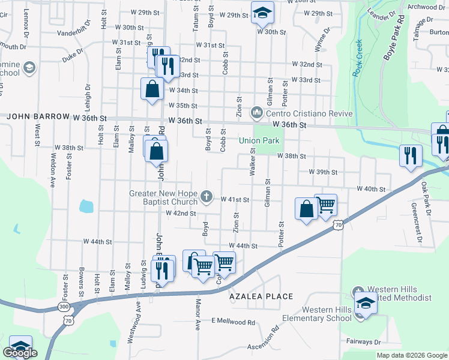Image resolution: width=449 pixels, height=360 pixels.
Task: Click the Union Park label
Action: (260, 141)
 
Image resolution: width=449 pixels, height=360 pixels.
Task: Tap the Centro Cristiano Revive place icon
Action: (257, 112)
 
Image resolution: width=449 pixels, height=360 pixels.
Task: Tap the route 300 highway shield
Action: (64, 307)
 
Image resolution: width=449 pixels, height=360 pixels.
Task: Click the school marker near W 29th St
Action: (262, 13)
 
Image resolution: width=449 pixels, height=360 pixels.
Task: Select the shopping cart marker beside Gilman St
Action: (325, 205)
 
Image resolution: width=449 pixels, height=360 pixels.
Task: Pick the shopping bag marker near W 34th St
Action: (152, 89)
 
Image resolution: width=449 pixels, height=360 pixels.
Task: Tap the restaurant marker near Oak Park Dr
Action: (411, 155)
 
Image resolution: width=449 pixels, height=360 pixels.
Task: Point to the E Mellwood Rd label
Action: (233, 322)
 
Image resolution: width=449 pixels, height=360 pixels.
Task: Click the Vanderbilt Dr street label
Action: (74, 36)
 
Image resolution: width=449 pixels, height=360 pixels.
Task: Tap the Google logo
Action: (20, 353)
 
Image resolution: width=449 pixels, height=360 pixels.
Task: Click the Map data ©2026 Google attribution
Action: (411, 355)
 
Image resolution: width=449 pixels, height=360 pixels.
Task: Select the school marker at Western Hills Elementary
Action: (365, 302)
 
